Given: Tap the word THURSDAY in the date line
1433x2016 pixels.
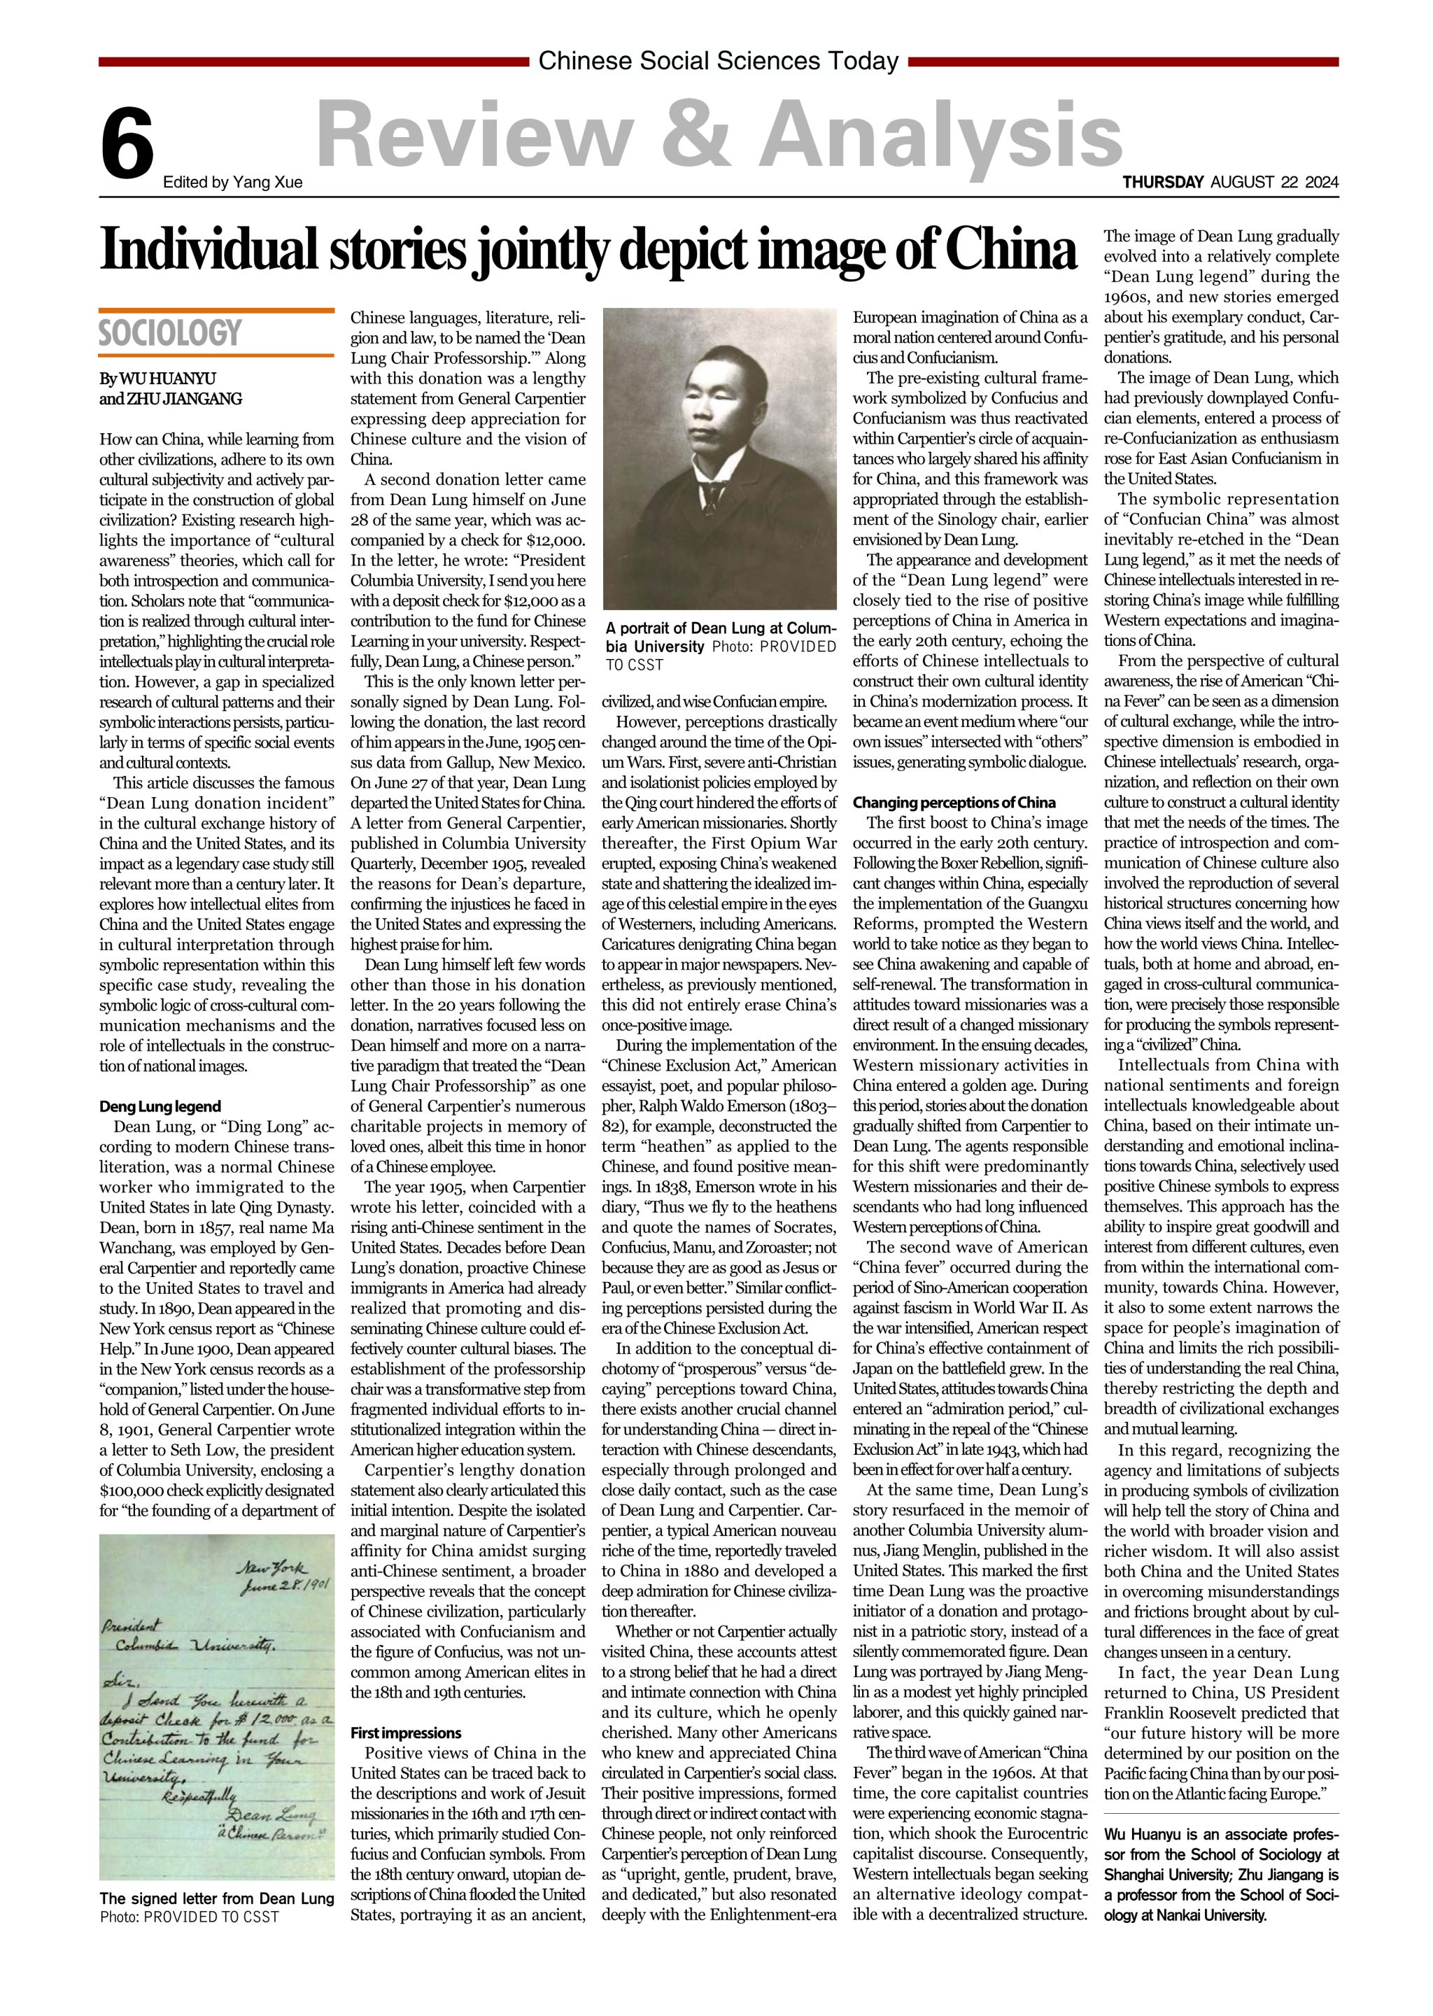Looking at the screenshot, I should coord(1162,183).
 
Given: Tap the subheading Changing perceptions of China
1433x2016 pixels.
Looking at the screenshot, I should coord(953,803).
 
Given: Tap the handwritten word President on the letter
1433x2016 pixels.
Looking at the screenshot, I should coord(132,1624).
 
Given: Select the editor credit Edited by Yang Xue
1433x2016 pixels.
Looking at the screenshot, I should coord(233,183).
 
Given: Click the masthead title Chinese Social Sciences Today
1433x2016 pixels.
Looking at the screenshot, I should coord(719,61).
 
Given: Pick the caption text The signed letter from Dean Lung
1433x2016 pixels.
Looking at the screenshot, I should coord(217,1898).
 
